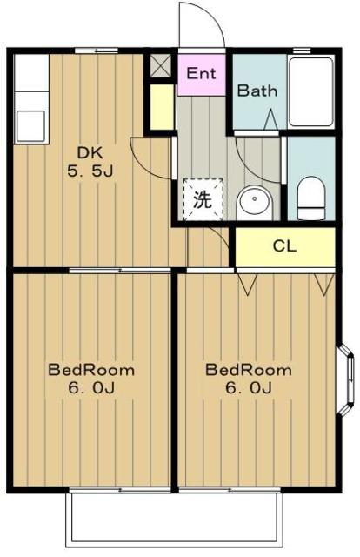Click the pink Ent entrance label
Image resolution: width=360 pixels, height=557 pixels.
point(201,73)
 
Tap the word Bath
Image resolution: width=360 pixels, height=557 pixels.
point(257,91)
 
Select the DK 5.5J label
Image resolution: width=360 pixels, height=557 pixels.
point(90,162)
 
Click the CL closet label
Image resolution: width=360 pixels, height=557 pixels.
point(284,245)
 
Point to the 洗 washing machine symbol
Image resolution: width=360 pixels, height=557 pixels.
point(203,199)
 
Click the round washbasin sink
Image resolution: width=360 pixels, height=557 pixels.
point(255,203)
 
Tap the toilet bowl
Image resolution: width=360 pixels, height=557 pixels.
point(311,198)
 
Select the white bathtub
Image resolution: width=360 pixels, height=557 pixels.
point(311,91)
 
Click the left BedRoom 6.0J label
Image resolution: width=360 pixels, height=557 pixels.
point(91,379)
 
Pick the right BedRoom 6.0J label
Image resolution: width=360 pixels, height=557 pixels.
point(249,379)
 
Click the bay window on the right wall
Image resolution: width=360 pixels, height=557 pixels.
point(346,379)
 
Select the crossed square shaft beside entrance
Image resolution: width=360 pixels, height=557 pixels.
point(161,65)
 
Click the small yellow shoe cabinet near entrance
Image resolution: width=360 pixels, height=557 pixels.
point(162,107)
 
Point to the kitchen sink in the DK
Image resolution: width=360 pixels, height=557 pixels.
point(30,126)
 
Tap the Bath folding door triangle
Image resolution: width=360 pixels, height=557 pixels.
point(270,119)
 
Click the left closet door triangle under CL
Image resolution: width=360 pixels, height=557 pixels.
point(248,285)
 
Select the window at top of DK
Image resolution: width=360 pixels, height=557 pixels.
point(97,51)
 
